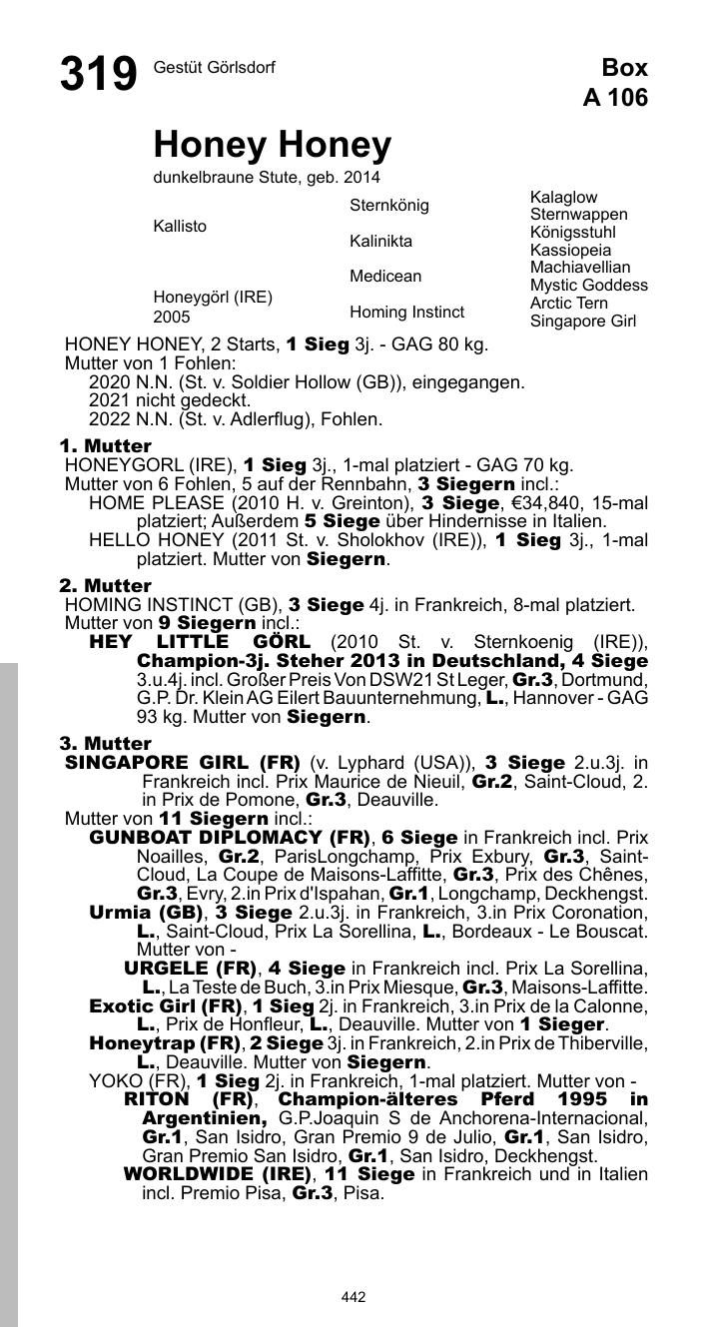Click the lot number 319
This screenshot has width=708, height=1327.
click(x=98, y=75)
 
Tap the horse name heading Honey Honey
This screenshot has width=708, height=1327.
click(x=272, y=146)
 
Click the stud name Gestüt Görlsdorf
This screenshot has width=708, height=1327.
click(x=214, y=68)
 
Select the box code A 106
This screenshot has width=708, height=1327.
click(x=615, y=97)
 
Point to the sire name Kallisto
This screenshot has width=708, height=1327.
click(x=180, y=227)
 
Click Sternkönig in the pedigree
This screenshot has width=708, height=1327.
click(x=389, y=206)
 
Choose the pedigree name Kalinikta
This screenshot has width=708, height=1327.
click(x=380, y=242)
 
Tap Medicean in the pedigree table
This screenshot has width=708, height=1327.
click(x=385, y=277)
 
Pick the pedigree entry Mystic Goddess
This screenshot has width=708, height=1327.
click(x=588, y=286)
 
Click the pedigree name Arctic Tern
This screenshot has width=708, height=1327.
click(x=568, y=304)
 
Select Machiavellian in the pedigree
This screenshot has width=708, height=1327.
click(x=580, y=268)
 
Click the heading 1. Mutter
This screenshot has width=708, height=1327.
click(x=106, y=445)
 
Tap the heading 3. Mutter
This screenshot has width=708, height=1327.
click(x=106, y=743)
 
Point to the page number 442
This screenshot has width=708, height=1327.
click(x=354, y=1297)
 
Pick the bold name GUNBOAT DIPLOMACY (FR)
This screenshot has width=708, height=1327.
click(x=230, y=838)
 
